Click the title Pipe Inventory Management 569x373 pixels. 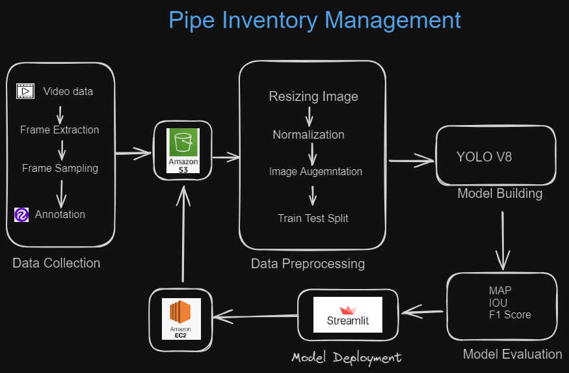(315, 20)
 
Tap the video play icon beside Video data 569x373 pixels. (25, 91)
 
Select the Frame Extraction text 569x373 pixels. (60, 130)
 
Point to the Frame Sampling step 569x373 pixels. (60, 168)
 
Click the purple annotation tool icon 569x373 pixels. (21, 215)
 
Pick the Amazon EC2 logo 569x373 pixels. (181, 318)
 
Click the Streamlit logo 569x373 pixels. (347, 315)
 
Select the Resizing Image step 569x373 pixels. (313, 96)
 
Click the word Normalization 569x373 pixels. (308, 135)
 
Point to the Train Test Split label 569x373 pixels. (313, 218)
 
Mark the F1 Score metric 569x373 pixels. (510, 314)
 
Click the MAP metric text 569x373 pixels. (500, 290)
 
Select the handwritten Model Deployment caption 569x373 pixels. (346, 357)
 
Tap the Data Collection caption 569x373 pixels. (57, 263)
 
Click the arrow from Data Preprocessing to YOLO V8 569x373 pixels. (411, 159)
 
